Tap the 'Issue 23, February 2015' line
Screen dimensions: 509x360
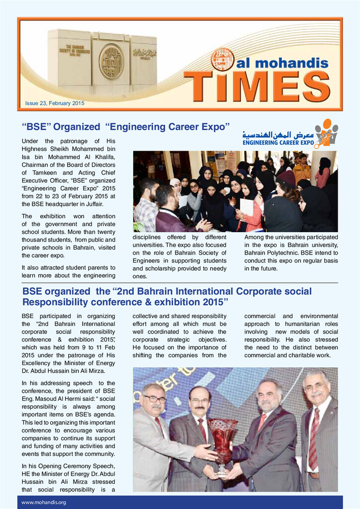55,103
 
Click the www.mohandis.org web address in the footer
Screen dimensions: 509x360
44,502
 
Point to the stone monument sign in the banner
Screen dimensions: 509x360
102,62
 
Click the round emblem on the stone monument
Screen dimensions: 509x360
111,62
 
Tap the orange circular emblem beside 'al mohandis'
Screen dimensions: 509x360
222,60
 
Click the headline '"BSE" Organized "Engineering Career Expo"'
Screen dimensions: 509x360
126,126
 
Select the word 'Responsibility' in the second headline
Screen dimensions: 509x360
55,302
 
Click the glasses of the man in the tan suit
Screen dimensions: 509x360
155,399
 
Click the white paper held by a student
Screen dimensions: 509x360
247,207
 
